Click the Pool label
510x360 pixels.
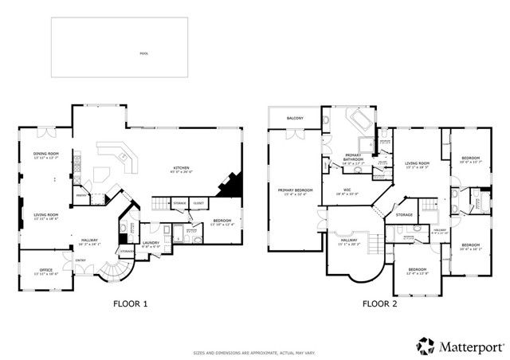coord(143,54)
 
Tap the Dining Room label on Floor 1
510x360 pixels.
coord(46,155)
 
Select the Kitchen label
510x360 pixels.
coord(182,169)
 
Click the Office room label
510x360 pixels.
coord(46,272)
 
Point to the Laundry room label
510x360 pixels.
coord(151,244)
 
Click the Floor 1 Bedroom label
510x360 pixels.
coord(222,221)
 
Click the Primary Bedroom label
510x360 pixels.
coord(293,191)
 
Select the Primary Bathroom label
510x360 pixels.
coord(353,157)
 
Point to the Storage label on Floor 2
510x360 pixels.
coord(404,215)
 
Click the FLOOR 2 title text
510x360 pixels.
coord(381,303)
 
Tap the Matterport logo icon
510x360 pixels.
coord(425,346)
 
